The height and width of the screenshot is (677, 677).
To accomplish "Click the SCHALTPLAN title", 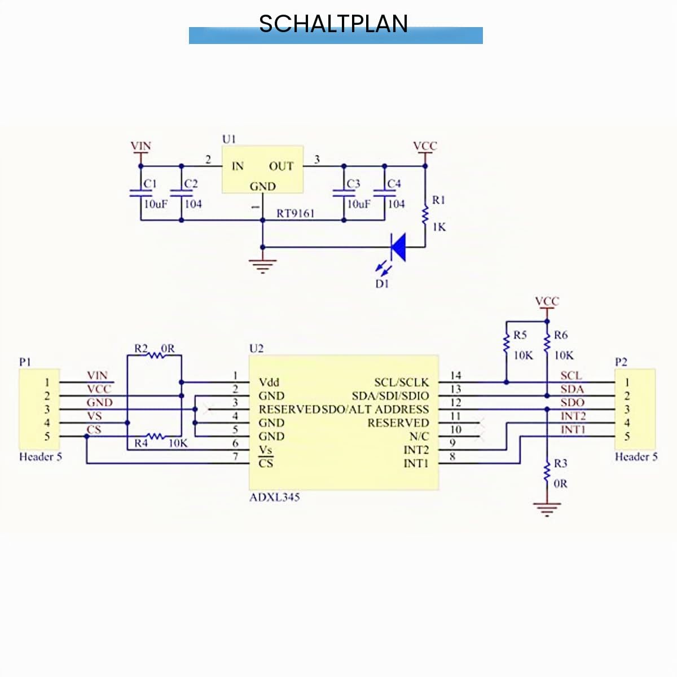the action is click(x=333, y=24).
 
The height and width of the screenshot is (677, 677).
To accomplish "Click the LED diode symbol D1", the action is click(x=399, y=247).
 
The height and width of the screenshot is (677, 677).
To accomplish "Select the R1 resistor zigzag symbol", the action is click(x=425, y=216).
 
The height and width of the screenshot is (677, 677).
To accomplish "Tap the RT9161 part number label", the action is click(x=296, y=213).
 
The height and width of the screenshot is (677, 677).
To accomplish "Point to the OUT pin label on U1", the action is click(x=281, y=166).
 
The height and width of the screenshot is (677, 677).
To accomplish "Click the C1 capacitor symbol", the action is click(x=141, y=192).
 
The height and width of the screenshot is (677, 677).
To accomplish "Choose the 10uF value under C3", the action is click(x=359, y=204).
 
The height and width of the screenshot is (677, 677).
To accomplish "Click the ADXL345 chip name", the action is click(x=274, y=498).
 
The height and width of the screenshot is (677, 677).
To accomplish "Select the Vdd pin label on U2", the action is click(x=269, y=383).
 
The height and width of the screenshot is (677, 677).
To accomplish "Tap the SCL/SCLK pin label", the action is click(x=402, y=383).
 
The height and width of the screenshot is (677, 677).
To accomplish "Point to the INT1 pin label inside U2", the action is click(x=416, y=463).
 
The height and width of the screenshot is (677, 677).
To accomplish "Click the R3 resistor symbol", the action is click(x=547, y=472).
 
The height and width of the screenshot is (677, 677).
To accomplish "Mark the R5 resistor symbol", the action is click(x=506, y=343).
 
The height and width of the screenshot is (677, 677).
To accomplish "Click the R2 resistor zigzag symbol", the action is click(x=155, y=355).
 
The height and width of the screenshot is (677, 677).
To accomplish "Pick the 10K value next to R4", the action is click(x=178, y=443).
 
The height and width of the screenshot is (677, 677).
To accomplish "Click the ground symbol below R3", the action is click(x=547, y=509).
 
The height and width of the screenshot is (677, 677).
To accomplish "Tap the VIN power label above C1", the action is click(x=141, y=146).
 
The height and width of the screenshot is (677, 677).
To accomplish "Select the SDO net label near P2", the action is click(x=572, y=403).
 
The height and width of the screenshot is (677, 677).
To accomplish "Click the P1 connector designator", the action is click(x=25, y=362).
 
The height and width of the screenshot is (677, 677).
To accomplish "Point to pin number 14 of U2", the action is click(x=455, y=376).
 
